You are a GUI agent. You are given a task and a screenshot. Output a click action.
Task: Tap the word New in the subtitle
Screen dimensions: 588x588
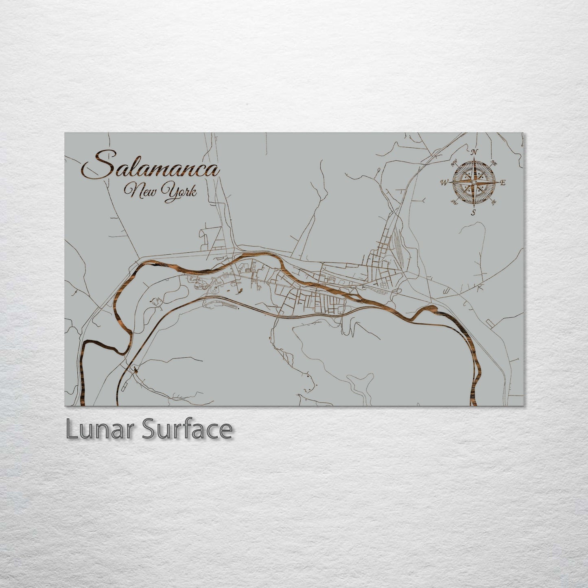[x=140, y=190]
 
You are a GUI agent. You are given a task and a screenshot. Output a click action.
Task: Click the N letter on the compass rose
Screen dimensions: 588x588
[x=474, y=153]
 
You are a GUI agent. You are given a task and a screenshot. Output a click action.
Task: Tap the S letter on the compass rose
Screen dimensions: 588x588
[x=473, y=212]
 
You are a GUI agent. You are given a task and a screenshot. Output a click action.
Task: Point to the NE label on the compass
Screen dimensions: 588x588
[x=494, y=163]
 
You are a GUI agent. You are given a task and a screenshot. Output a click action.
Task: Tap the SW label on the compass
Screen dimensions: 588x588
[x=453, y=201]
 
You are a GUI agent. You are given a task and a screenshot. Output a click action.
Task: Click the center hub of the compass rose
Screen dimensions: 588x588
[x=474, y=183]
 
